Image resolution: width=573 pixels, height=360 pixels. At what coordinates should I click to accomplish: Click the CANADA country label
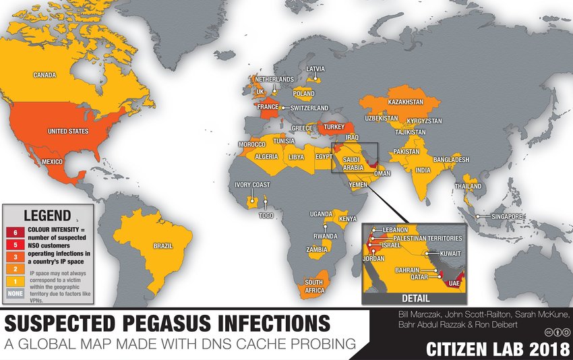[x=44, y=76]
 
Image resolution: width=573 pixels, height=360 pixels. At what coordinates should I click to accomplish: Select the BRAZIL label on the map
[x=162, y=246]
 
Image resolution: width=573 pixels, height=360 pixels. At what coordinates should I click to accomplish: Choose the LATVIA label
[x=315, y=69]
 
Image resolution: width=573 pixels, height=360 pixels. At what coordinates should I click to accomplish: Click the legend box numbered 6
[x=16, y=233]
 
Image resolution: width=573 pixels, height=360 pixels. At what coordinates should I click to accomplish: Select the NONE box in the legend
[x=16, y=293]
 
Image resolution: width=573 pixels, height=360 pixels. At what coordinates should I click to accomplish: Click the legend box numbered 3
[x=16, y=257]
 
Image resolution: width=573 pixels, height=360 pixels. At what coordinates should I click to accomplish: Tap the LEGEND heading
[x=47, y=216]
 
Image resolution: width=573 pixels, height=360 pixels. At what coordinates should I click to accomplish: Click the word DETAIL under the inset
[x=416, y=297]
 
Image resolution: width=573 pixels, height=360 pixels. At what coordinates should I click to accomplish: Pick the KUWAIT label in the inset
[x=449, y=253]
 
